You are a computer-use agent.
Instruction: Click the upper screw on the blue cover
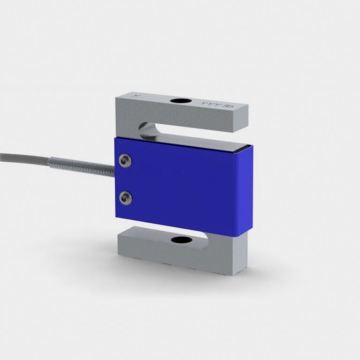125,161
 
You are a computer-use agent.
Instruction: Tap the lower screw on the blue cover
125,198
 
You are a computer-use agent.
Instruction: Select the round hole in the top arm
180,101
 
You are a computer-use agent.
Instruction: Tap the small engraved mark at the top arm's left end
137,95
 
